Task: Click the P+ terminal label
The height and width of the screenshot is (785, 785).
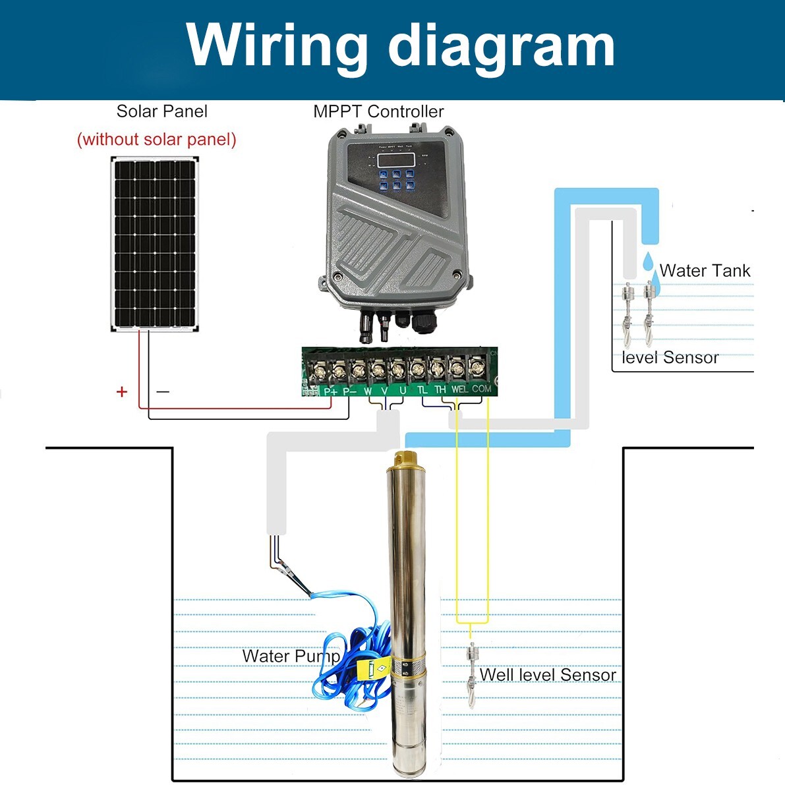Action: click(x=331, y=391)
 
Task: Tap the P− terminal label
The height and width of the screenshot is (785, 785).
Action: click(x=349, y=391)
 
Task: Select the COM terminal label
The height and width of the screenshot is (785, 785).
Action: click(x=482, y=389)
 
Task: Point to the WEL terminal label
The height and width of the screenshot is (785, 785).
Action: click(x=459, y=390)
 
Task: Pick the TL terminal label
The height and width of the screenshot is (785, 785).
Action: click(x=422, y=390)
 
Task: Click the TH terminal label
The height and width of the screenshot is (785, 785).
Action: click(x=440, y=390)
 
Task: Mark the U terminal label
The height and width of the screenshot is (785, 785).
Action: click(x=403, y=390)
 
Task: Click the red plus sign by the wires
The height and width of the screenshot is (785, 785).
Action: click(x=121, y=392)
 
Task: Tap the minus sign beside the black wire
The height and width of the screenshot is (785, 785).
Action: click(x=163, y=392)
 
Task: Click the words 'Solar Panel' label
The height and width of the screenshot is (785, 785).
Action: click(x=161, y=111)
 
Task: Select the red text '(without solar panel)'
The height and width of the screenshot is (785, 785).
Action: click(x=156, y=139)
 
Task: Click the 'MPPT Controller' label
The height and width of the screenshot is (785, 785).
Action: click(x=378, y=111)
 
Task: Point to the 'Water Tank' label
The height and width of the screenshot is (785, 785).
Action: click(x=705, y=270)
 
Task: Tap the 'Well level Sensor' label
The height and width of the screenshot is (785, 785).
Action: click(x=548, y=674)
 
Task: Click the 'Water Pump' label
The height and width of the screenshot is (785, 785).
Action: click(x=291, y=656)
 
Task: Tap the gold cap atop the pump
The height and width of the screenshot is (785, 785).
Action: click(x=402, y=457)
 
